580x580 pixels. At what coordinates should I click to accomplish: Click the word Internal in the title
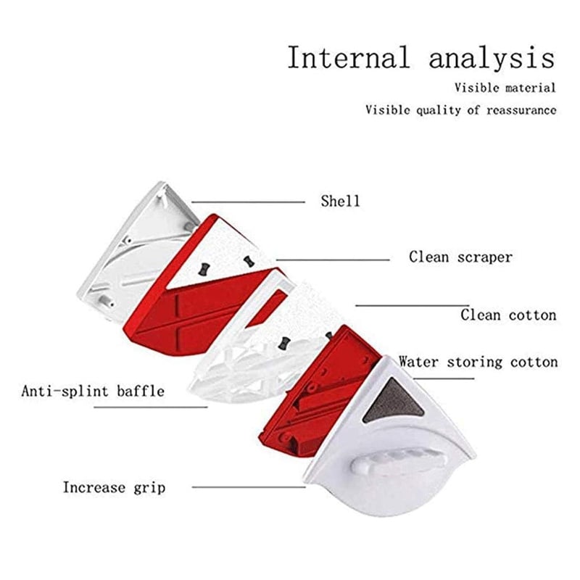(349, 57)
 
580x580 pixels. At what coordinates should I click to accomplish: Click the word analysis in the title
(492, 59)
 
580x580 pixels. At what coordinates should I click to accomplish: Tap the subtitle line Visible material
(505, 88)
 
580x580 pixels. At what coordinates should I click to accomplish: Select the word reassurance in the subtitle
(521, 110)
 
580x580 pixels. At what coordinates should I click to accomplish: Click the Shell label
(340, 202)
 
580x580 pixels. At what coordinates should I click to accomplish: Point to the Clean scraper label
(460, 257)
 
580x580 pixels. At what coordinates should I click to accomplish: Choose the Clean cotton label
(508, 315)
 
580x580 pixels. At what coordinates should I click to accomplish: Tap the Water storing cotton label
(478, 362)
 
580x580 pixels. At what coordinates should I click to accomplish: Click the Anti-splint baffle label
(93, 391)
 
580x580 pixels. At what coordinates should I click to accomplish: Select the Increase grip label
(114, 487)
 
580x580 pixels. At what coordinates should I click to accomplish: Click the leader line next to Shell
(248, 202)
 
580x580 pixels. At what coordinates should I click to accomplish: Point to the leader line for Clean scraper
(333, 260)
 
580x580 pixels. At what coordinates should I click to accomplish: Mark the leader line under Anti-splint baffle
(151, 407)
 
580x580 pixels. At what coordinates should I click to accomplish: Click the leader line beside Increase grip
(249, 487)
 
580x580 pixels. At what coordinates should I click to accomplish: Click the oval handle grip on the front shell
(397, 463)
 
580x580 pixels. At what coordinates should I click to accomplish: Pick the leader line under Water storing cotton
(444, 378)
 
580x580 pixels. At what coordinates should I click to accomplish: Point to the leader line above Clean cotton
(412, 305)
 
